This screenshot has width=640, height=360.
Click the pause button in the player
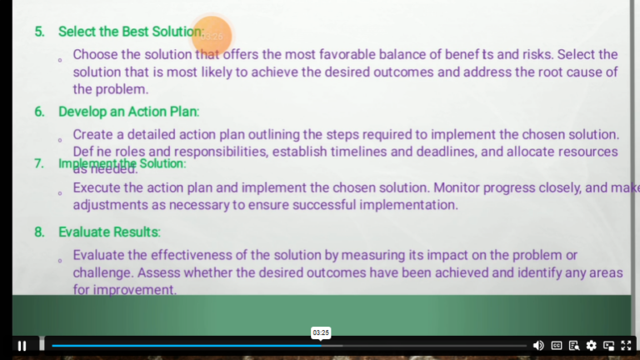(x=22, y=346)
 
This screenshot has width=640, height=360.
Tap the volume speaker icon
(x=538, y=345)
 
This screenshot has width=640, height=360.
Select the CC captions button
(x=557, y=345)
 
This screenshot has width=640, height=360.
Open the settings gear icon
(x=592, y=345)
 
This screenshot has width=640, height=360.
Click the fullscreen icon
(x=626, y=345)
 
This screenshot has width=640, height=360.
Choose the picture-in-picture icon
(x=609, y=345)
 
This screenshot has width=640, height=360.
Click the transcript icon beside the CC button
(x=574, y=345)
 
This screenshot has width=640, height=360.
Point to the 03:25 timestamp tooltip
(x=321, y=332)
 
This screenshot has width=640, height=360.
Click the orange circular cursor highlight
(x=212, y=36)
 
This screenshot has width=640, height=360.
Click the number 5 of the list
(x=38, y=32)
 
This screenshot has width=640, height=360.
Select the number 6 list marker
(x=38, y=112)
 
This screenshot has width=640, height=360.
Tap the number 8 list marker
(x=38, y=232)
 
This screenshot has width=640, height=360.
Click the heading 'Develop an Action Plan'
(x=128, y=112)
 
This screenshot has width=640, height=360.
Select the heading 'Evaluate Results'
(x=108, y=232)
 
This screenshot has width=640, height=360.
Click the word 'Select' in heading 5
(x=77, y=32)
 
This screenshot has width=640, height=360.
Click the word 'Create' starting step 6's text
(x=92, y=135)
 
